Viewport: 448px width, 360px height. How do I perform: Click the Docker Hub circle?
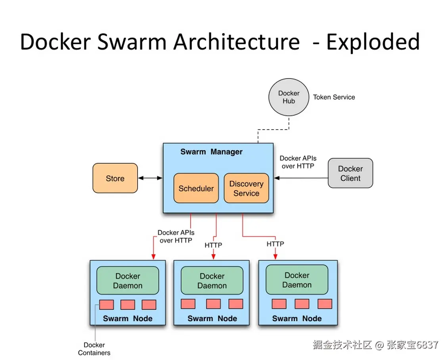(289, 97)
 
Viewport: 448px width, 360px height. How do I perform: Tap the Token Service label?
(334, 97)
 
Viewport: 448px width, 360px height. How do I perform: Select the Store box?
(115, 178)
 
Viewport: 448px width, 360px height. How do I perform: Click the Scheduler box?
(196, 188)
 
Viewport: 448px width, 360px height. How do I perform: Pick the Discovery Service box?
(246, 188)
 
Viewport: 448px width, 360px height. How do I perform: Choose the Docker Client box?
(350, 173)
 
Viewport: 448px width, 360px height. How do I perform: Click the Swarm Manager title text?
(211, 152)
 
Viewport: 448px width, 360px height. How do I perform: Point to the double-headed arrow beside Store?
(150, 178)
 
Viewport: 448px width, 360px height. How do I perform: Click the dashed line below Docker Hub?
(274, 129)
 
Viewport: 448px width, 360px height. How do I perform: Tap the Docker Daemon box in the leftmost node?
(128, 281)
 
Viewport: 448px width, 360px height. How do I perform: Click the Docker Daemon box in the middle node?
(212, 281)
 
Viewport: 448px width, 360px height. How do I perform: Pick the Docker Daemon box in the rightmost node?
(297, 280)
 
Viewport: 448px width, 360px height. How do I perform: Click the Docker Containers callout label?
(94, 349)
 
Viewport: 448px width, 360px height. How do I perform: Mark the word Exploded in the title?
(373, 42)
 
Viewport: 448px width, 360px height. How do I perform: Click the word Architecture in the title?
(236, 42)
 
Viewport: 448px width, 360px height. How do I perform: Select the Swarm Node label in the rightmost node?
(297, 318)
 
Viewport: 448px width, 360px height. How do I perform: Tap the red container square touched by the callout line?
(106, 304)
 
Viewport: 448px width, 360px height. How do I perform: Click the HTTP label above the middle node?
(213, 245)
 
